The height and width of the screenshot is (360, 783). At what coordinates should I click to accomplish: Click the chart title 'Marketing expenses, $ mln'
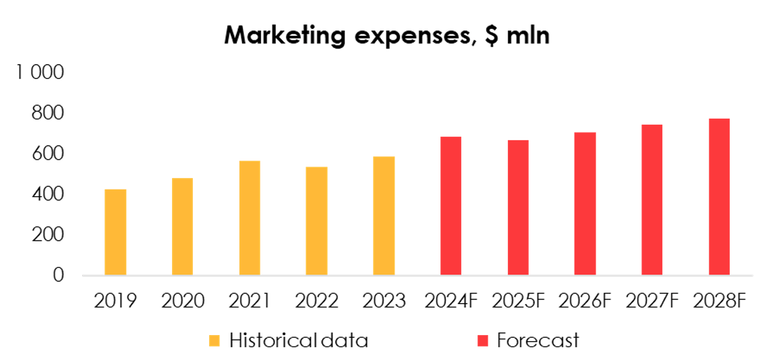pyautogui.click(x=386, y=35)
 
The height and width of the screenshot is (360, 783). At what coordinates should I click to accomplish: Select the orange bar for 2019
pyautogui.click(x=115, y=232)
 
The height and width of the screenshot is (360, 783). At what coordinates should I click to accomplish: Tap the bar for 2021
pyautogui.click(x=250, y=218)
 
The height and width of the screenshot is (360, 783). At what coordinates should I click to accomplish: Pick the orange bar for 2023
pyautogui.click(x=384, y=216)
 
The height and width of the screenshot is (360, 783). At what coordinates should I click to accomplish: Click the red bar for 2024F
pyautogui.click(x=451, y=206)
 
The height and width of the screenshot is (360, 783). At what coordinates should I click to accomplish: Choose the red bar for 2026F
pyautogui.click(x=585, y=204)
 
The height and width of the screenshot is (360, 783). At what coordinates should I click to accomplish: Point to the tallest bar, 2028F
pyautogui.click(x=719, y=197)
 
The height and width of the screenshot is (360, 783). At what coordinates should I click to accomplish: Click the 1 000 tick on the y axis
pyautogui.click(x=40, y=73)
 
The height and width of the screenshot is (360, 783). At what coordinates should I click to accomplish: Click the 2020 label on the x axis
pyautogui.click(x=183, y=301)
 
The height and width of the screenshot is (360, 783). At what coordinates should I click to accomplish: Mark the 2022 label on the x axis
pyautogui.click(x=316, y=301)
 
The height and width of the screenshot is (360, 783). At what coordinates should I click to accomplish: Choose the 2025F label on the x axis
pyautogui.click(x=518, y=301)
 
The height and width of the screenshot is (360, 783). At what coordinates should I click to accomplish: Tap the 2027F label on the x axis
pyautogui.click(x=652, y=301)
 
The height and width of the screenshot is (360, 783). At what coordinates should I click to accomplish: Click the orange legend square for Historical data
pyautogui.click(x=214, y=341)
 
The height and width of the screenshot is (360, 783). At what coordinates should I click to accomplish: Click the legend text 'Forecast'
pyautogui.click(x=538, y=340)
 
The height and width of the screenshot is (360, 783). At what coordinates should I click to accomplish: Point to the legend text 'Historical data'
pyautogui.click(x=299, y=340)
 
